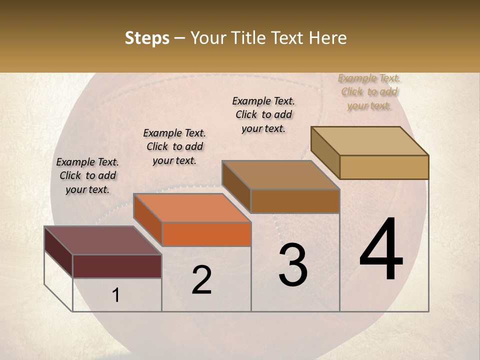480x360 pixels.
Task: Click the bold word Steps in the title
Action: (x=147, y=38)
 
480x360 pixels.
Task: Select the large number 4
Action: (x=381, y=250)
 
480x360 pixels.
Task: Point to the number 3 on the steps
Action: (x=292, y=265)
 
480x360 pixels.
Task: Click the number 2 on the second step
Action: (x=201, y=280)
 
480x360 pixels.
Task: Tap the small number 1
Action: (x=116, y=295)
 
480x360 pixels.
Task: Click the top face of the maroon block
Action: (x=102, y=240)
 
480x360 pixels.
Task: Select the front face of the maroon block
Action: (x=117, y=266)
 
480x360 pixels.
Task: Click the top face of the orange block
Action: (x=192, y=208)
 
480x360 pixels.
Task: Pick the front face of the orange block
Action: (x=206, y=234)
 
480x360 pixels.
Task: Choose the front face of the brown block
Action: (x=295, y=201)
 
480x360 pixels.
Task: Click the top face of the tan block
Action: (x=369, y=141)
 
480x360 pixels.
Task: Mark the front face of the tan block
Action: (x=384, y=167)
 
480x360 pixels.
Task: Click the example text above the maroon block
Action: (x=87, y=175)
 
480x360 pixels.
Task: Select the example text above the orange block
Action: (x=174, y=146)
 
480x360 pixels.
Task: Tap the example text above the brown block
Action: (x=263, y=114)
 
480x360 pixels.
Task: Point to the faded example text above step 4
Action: (x=369, y=91)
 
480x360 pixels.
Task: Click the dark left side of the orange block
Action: (x=148, y=219)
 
